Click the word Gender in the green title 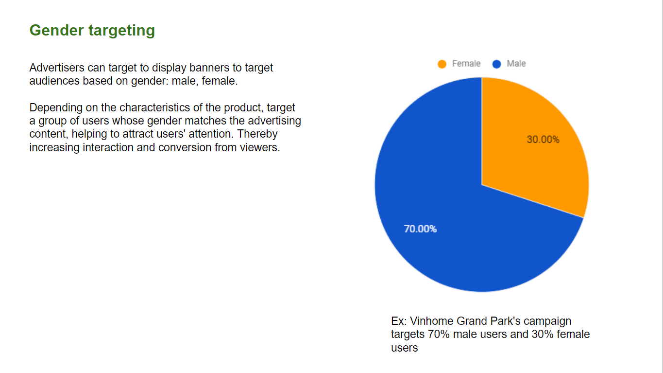(x=56, y=30)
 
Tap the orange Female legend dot (x=442, y=64)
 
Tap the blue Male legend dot (x=497, y=64)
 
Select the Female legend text (x=466, y=64)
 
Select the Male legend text (x=516, y=64)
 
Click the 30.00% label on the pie (x=543, y=140)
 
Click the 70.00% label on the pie (x=420, y=229)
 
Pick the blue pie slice (x=444, y=222)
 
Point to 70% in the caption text (x=439, y=335)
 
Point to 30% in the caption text (x=543, y=335)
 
